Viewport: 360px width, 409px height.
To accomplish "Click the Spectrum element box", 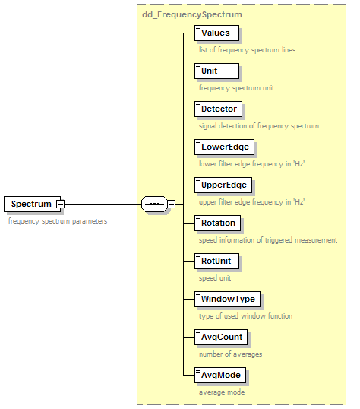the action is click(33, 204).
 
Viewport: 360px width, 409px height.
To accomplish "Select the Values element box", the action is click(216, 33).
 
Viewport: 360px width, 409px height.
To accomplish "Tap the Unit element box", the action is click(216, 71).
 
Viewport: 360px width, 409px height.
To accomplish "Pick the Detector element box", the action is click(218, 109).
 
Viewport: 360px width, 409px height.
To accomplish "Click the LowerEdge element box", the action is click(224, 147).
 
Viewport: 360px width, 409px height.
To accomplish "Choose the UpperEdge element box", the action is click(223, 185).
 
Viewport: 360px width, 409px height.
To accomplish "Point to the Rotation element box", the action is click(217, 223).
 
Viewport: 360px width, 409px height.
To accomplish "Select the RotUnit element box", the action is click(216, 261).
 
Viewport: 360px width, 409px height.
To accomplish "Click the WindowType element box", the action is click(227, 300).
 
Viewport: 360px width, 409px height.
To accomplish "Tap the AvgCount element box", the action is click(221, 338).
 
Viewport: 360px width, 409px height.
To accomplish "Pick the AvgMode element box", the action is click(220, 375).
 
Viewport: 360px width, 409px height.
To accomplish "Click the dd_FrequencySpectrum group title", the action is click(192, 14).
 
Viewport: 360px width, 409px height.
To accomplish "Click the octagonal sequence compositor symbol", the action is click(154, 204).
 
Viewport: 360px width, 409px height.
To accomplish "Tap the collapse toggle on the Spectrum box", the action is click(61, 204).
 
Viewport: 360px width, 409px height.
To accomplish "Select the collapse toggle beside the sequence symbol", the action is click(172, 204).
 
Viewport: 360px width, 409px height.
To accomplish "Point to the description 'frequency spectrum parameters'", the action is click(58, 221).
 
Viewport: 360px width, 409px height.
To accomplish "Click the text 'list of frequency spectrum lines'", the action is click(247, 50).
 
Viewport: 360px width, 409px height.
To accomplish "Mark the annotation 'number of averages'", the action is click(230, 354).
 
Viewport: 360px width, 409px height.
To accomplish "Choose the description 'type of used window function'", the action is click(245, 316).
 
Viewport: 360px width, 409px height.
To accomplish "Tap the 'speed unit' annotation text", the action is click(215, 278).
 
